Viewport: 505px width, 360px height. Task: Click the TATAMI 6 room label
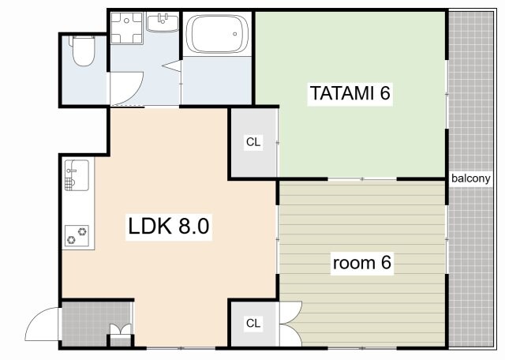tap(350, 93)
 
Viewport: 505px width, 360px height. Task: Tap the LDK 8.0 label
tap(169, 227)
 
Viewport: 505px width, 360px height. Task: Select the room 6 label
tap(362, 263)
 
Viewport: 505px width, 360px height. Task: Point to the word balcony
tap(471, 178)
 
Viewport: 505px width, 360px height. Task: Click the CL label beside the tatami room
tap(253, 142)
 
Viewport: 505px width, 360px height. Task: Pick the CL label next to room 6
tap(253, 323)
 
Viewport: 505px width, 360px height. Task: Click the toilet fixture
tap(83, 51)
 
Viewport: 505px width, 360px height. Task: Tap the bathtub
tap(218, 33)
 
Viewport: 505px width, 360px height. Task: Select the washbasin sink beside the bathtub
tap(163, 22)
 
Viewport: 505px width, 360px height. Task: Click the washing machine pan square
tap(126, 28)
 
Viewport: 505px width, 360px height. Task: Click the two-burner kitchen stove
tap(77, 235)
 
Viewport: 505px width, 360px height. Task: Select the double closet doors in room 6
tap(290, 324)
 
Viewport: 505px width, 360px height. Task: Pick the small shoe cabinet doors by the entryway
tap(121, 329)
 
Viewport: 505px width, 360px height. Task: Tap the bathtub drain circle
tap(235, 34)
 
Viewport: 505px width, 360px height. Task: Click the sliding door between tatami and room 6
tap(362, 179)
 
